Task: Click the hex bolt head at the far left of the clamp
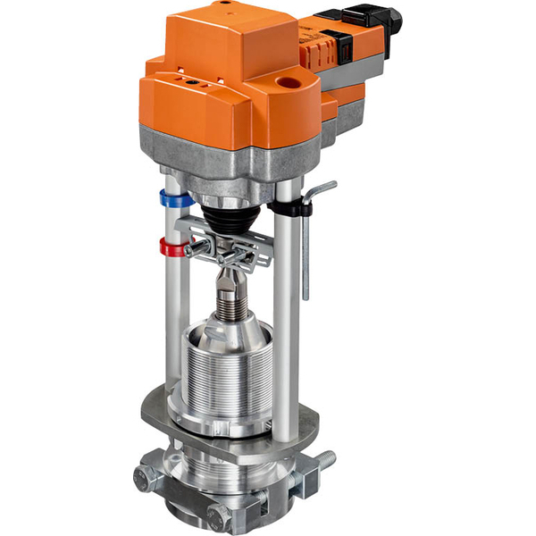(147, 477)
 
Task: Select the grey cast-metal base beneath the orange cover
(232, 156)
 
